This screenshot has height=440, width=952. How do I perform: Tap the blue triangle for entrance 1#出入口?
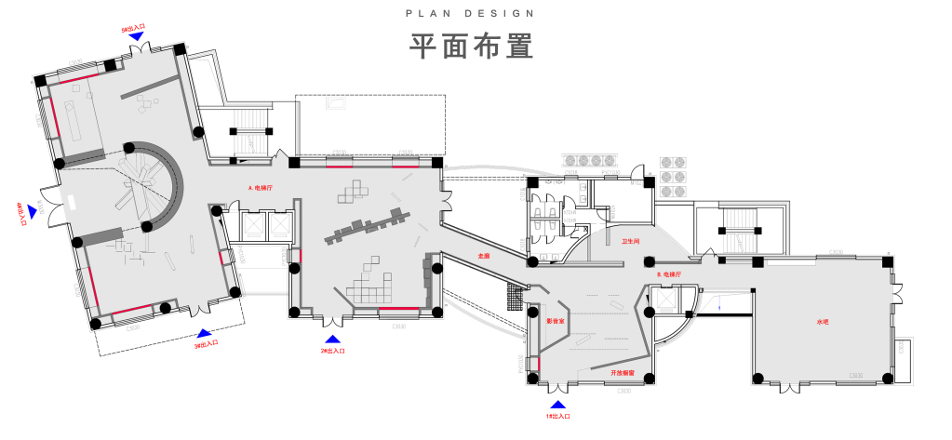[x=558, y=405]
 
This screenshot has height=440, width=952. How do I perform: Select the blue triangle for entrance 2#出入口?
[x=332, y=340]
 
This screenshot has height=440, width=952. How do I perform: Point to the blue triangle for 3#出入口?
[x=204, y=331]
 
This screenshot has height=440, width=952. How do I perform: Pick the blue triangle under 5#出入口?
[x=136, y=35]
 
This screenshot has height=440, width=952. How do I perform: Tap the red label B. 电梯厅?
[x=670, y=276]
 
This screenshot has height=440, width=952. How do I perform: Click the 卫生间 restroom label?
[x=630, y=242]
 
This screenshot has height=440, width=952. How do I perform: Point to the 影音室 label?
[x=556, y=321]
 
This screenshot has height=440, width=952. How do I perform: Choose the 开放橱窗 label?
[x=623, y=372]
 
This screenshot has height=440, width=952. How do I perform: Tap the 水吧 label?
[x=822, y=322]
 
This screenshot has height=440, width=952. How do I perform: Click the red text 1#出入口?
[x=558, y=417]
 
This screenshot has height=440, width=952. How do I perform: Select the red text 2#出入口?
[x=332, y=352]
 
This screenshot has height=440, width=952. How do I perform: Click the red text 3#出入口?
[x=206, y=343]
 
